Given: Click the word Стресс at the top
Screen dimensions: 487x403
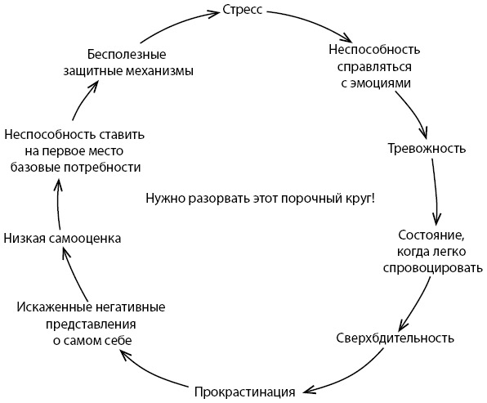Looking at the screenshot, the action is [243, 11].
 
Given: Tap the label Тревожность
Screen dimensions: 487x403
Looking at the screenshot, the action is [427, 149].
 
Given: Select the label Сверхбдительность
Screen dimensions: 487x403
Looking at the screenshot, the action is [395, 338].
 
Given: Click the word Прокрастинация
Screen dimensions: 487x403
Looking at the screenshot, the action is [245, 392].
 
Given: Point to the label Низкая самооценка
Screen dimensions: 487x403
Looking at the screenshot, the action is [62, 239].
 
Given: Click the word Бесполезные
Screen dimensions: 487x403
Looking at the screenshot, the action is [127, 55].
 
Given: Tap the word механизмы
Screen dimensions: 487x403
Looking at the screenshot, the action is [159, 71].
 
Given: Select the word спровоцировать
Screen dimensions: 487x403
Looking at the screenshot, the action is [433, 268].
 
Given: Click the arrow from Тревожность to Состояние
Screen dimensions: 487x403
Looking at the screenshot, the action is [436, 191].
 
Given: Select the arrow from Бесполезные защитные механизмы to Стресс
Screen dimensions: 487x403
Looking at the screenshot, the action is [177, 22].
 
